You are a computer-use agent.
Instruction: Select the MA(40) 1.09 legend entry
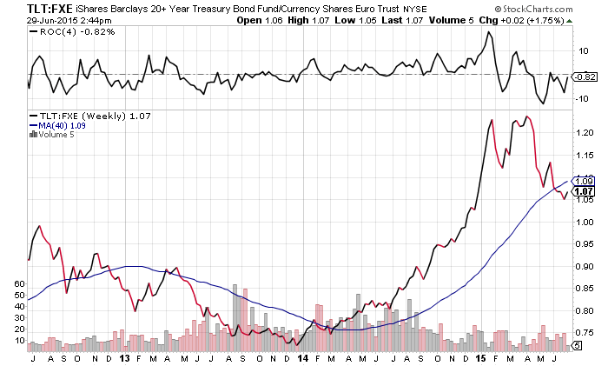pyautogui.click(x=63, y=125)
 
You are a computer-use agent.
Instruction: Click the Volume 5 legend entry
pyautogui.click(x=54, y=135)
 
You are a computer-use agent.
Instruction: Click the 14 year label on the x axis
pyautogui.click(x=302, y=357)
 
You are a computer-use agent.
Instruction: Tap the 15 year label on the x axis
pyautogui.click(x=482, y=357)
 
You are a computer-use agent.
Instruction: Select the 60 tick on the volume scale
pyautogui.click(x=21, y=284)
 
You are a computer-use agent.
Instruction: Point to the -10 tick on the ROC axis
pyautogui.click(x=584, y=97)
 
